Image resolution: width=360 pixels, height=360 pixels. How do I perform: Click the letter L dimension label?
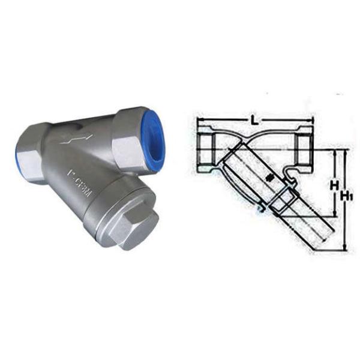[255, 122]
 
